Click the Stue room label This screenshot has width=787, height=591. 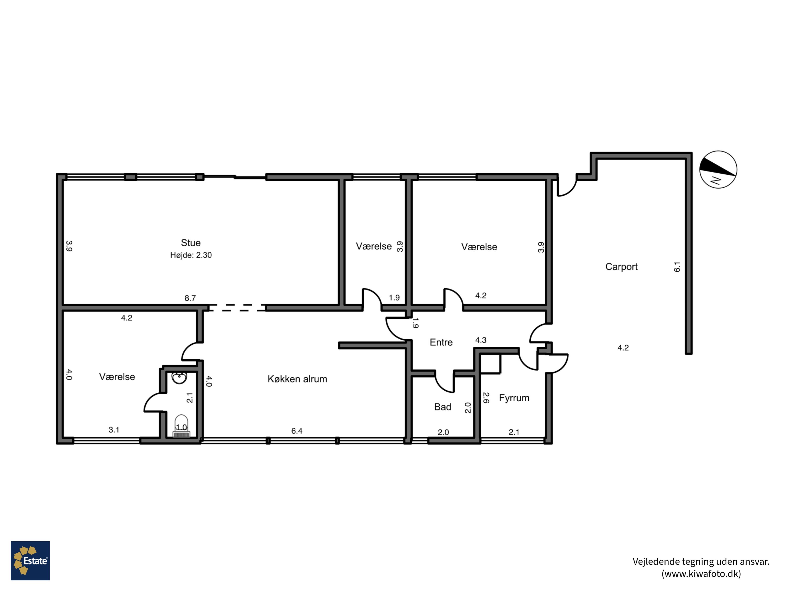(x=191, y=243)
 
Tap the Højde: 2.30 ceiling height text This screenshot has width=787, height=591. (x=191, y=255)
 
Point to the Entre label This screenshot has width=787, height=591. (x=441, y=342)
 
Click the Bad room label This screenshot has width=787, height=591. (x=443, y=407)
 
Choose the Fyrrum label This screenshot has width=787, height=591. (x=514, y=398)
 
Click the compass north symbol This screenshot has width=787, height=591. (x=718, y=170)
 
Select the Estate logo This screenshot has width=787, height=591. (x=30, y=561)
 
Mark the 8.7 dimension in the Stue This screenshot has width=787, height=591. (x=190, y=298)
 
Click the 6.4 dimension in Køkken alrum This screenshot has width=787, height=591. (x=297, y=431)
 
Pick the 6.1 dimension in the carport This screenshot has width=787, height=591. (x=677, y=267)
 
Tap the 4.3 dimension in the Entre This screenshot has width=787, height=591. (x=481, y=340)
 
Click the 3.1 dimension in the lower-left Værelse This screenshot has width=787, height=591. (x=114, y=430)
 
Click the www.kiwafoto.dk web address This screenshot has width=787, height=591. (x=701, y=574)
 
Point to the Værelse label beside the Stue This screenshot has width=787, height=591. (x=374, y=246)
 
